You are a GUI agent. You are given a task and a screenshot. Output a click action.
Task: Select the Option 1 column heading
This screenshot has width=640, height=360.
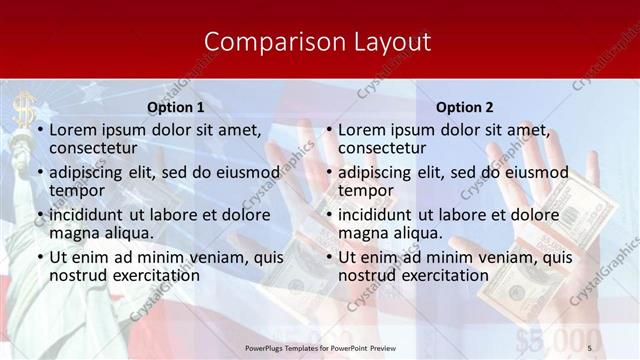coord(176,107)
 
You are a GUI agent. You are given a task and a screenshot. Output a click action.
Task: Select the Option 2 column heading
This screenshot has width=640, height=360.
coord(465,107)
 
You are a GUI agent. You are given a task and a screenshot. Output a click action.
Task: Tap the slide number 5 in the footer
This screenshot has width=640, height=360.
coord(589,345)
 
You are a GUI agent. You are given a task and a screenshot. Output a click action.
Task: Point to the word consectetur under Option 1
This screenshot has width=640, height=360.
coord(93,148)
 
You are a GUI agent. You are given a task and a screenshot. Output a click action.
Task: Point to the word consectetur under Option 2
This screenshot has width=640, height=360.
coord(382,148)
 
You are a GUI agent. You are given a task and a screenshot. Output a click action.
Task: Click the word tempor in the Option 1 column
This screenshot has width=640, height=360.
coord(76,190)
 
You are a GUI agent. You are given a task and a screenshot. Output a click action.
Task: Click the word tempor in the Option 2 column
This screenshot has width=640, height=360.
coord(365,190)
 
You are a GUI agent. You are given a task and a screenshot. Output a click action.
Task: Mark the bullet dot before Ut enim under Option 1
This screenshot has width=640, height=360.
coord(39,257)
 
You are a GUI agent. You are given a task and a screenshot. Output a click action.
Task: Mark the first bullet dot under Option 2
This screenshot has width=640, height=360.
coord(328,131)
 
